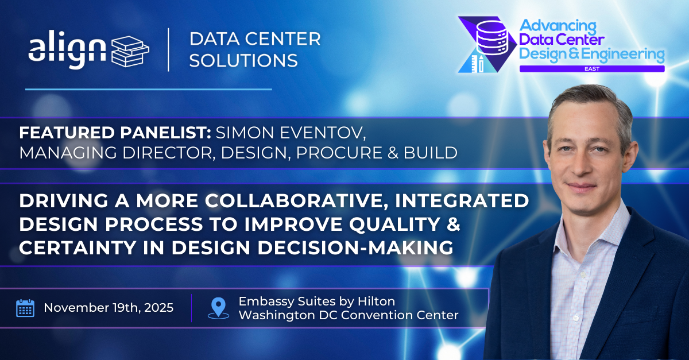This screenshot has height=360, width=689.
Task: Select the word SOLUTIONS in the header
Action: coord(243,60)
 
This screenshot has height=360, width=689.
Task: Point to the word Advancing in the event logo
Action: coord(558,26)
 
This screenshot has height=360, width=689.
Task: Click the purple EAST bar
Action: coord(591,68)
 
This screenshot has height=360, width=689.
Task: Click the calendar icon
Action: coord(25,308)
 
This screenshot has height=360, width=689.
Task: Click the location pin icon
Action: coord(218,308)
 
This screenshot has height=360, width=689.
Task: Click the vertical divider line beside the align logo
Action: coord(168,49)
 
